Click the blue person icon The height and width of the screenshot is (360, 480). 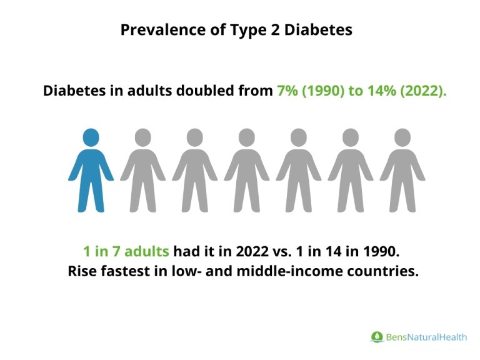click(91, 172)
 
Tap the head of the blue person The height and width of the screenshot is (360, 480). click(91, 137)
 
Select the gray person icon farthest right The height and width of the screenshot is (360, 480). click(402, 172)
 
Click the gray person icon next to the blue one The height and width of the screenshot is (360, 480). click(143, 172)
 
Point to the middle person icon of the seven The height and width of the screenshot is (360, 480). click(247, 172)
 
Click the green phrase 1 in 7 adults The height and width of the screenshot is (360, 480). click(126, 252)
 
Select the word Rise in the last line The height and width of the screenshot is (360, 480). click(81, 272)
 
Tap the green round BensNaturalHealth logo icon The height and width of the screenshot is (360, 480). click(376, 337)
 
